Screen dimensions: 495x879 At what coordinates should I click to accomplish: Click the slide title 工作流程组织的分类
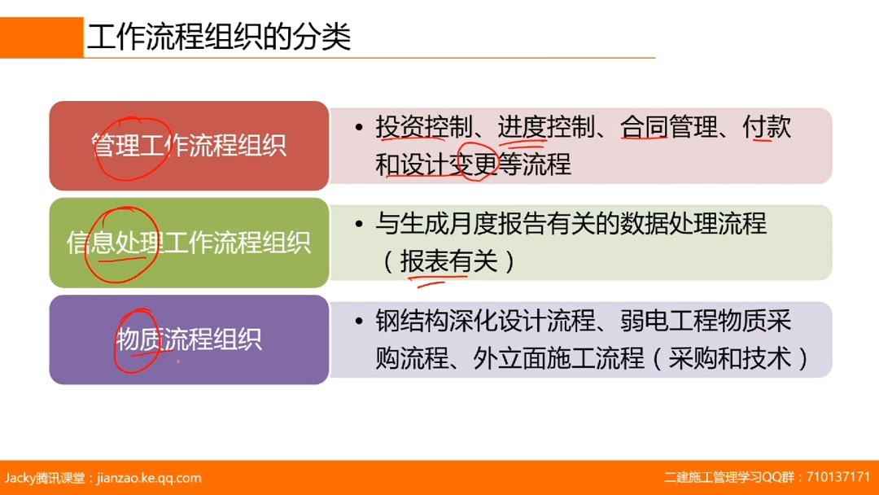219,37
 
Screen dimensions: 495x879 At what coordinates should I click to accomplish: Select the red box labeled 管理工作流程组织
188,146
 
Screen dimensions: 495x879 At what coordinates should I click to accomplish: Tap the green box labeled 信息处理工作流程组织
188,243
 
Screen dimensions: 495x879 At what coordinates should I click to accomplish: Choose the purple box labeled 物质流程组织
188,339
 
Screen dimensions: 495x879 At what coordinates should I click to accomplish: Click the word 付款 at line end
767,128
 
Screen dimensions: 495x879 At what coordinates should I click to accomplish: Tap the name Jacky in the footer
20,478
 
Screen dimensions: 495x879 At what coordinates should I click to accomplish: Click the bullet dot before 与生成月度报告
359,224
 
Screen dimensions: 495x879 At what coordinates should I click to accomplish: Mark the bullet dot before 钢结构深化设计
359,322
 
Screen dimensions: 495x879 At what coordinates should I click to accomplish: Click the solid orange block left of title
42,37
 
